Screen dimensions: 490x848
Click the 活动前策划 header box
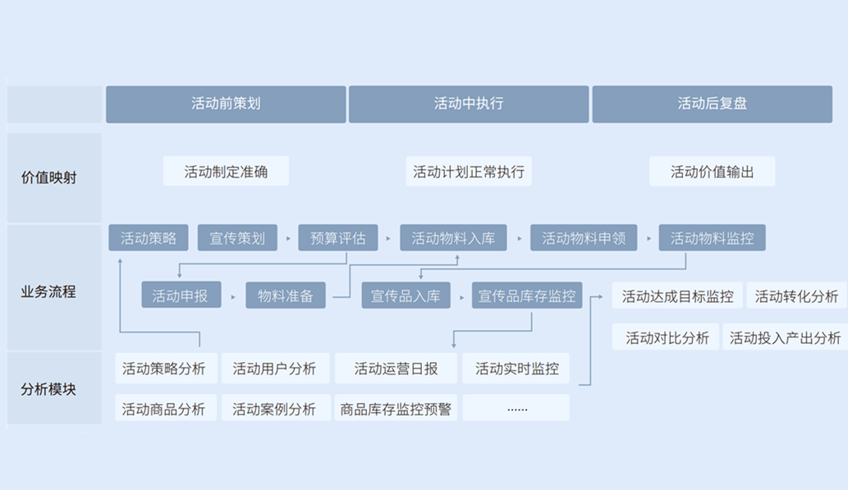click(x=226, y=104)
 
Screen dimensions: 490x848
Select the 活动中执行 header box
click(x=469, y=104)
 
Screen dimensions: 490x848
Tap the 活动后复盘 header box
click(x=712, y=104)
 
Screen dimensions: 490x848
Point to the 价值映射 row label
click(x=48, y=176)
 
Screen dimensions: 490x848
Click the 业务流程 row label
click(x=48, y=291)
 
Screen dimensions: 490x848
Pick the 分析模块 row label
click(x=48, y=389)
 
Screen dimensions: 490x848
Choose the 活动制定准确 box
click(x=226, y=172)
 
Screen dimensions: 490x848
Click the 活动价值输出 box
click(x=712, y=172)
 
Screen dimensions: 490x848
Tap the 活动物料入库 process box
click(x=453, y=238)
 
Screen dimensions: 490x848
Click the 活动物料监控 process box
click(x=712, y=238)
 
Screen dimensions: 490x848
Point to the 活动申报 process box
click(x=181, y=295)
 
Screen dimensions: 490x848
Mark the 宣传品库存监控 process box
click(x=527, y=295)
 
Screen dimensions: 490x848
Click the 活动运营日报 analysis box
click(x=396, y=369)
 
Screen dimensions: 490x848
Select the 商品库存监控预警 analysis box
click(x=396, y=409)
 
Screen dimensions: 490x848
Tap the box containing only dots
click(x=516, y=409)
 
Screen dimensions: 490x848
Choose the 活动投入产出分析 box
click(x=785, y=337)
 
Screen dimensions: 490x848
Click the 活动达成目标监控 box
click(x=677, y=296)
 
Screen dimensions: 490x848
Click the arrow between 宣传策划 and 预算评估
click(x=288, y=239)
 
